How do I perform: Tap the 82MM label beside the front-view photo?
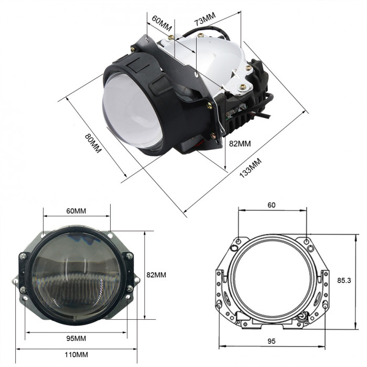(x=156, y=274)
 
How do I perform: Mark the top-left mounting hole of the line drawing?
(x=239, y=241)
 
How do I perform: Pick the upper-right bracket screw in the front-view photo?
(x=129, y=256)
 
